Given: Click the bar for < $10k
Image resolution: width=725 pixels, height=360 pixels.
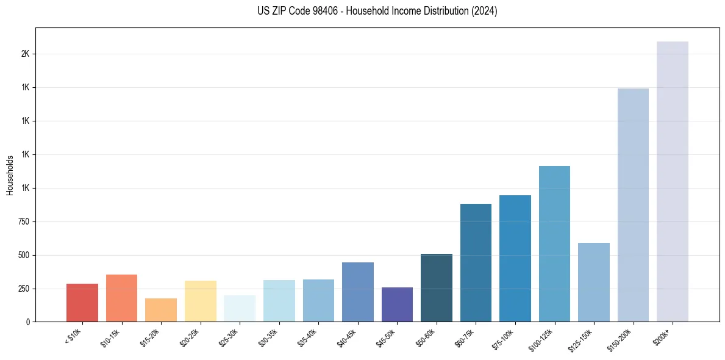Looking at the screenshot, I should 82,303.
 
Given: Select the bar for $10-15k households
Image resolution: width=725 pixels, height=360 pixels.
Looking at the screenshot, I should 121,298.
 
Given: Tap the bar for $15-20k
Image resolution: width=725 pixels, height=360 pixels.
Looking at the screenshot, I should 161,310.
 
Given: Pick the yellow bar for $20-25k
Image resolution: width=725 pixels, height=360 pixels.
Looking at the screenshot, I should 200,301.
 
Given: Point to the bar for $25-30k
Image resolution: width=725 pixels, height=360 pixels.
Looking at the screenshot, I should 240,309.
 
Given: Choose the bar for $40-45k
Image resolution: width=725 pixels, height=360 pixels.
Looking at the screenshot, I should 358,292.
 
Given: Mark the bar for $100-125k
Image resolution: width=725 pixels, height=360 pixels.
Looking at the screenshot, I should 554,244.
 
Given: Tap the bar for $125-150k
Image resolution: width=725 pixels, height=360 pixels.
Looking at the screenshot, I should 594,283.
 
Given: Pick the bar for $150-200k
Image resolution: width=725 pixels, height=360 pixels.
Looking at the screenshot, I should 633,205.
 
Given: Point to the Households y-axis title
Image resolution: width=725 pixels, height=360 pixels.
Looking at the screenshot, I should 10,175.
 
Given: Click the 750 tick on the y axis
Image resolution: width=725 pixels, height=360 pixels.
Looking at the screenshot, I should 24,221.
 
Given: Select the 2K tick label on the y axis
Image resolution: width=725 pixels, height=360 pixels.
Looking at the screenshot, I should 25,54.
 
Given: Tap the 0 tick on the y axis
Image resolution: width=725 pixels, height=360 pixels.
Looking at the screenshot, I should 27,322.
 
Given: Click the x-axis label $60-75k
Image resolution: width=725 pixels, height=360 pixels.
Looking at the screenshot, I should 464,337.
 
